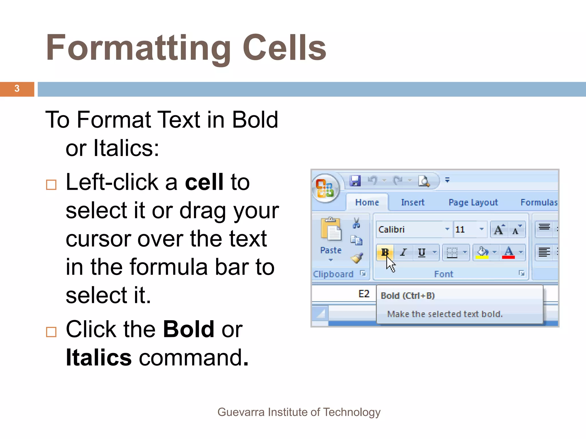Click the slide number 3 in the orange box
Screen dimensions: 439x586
[17, 89]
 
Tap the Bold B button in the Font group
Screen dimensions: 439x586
[385, 252]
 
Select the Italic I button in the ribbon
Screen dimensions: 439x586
[403, 252]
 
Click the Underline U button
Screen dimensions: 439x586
[421, 252]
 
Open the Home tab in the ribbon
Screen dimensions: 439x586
[367, 202]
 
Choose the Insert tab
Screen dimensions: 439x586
[412, 202]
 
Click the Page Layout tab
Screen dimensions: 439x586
[473, 202]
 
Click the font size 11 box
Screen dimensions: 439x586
[465, 230]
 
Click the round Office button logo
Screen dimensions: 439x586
[325, 188]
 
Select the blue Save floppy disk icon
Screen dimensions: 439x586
[355, 181]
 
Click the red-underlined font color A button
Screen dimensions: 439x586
[508, 252]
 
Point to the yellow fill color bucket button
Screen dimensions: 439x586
[482, 252]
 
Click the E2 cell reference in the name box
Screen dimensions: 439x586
[364, 294]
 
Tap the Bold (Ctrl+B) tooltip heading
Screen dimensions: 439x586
[407, 296]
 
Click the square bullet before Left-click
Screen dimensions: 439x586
[51, 185]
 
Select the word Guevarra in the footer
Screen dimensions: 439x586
[241, 412]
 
